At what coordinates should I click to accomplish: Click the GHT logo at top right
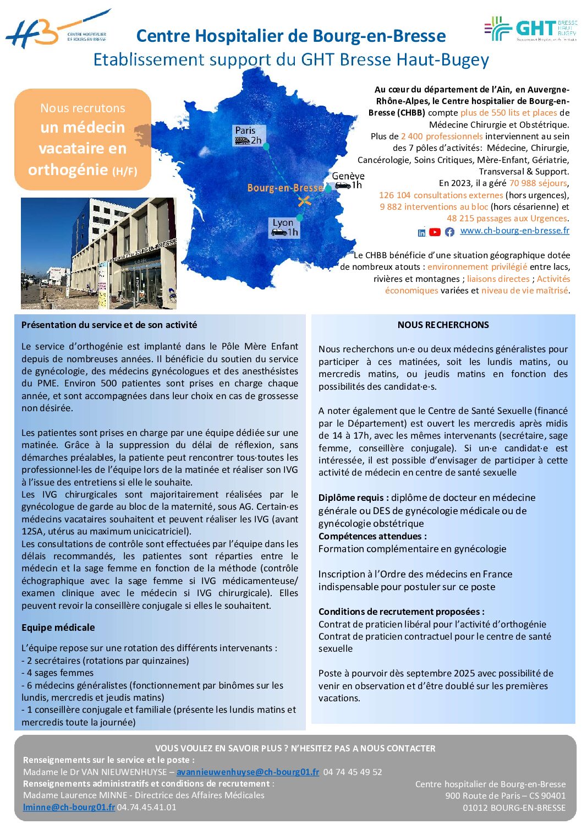coord(530,29)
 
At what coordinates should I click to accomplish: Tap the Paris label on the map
coord(245,130)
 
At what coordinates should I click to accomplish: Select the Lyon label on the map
coord(283,222)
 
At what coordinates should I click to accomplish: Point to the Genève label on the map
coord(348,176)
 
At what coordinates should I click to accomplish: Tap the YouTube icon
coord(435,232)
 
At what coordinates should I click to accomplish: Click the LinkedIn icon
coord(421,232)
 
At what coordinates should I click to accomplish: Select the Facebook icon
coord(449,232)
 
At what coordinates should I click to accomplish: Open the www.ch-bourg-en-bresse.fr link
coord(514,231)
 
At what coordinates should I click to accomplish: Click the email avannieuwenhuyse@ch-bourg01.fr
coord(248,772)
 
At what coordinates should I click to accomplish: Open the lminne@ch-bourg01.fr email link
coord(69,807)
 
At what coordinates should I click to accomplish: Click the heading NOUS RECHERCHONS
coord(443,325)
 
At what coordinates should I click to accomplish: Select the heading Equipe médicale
coord(58,627)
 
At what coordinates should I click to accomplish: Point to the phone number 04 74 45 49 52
coord(352,772)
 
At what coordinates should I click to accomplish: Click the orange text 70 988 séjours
coord(537,183)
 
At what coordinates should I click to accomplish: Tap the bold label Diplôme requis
coord(353,498)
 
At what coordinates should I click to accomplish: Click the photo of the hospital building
coord(98,253)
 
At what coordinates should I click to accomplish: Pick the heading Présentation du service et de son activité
coord(109,325)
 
